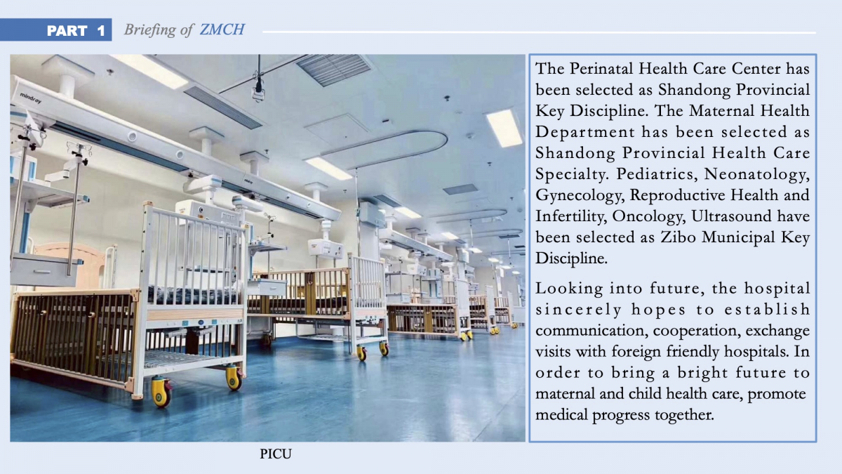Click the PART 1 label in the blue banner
(76, 30)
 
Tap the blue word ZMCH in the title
(222, 29)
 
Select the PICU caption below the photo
(276, 454)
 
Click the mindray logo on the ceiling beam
(30, 98)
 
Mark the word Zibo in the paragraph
(678, 237)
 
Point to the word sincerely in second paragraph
(579, 310)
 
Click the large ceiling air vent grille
(334, 69)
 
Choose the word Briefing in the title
(149, 29)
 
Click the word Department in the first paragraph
(585, 133)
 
